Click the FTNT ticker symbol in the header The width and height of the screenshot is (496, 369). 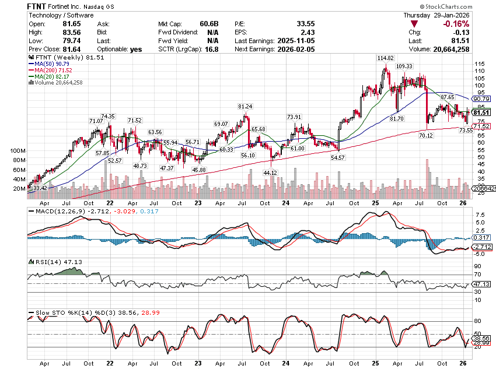[39, 5]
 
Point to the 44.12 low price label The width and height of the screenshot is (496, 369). [269, 173]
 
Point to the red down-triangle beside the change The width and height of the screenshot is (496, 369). [414, 24]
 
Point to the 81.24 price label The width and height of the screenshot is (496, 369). [245, 107]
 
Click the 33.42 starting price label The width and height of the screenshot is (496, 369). [40, 188]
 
